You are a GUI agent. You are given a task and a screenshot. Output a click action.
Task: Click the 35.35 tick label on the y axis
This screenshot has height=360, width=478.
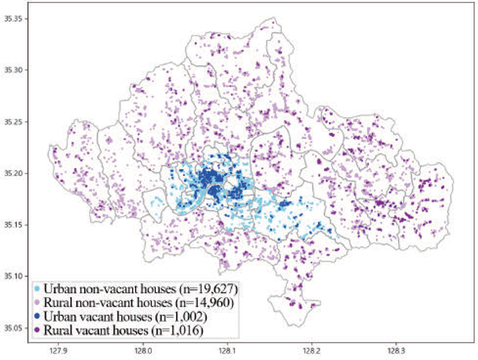coord(13,19)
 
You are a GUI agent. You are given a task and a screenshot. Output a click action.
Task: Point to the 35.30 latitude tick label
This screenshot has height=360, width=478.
coord(13,70)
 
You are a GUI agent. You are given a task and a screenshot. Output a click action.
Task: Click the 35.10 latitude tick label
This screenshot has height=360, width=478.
coord(13,276)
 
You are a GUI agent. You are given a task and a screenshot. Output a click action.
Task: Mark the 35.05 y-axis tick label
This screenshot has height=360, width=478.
coord(13,328)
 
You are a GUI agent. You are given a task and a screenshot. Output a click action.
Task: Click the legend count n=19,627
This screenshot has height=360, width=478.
coord(204,289)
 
